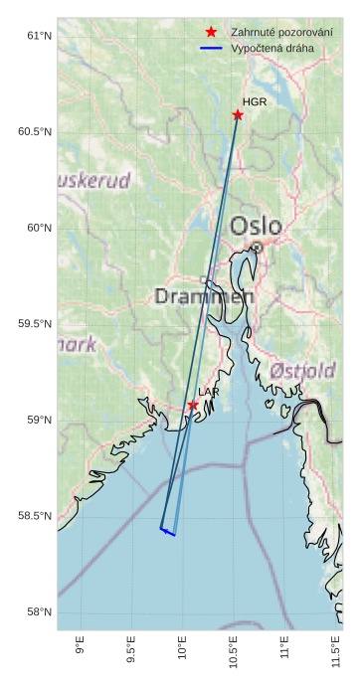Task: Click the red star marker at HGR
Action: pos(238,115)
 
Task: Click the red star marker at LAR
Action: pos(193,406)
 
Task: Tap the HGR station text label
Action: pos(255,102)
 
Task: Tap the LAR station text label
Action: pos(209,393)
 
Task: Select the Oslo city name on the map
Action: pos(256,226)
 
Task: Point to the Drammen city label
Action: pos(204,296)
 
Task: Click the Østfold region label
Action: pos(302,371)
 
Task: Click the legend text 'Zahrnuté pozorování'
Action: pos(281,32)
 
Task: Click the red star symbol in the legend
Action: pos(211,32)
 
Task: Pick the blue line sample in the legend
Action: pos(211,48)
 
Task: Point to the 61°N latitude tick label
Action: pos(38,36)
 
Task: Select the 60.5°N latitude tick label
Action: pos(35,132)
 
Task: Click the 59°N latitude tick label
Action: pos(38,421)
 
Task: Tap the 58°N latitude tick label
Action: pos(38,612)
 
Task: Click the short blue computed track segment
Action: pos(168,532)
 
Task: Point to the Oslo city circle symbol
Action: pos(257,247)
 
